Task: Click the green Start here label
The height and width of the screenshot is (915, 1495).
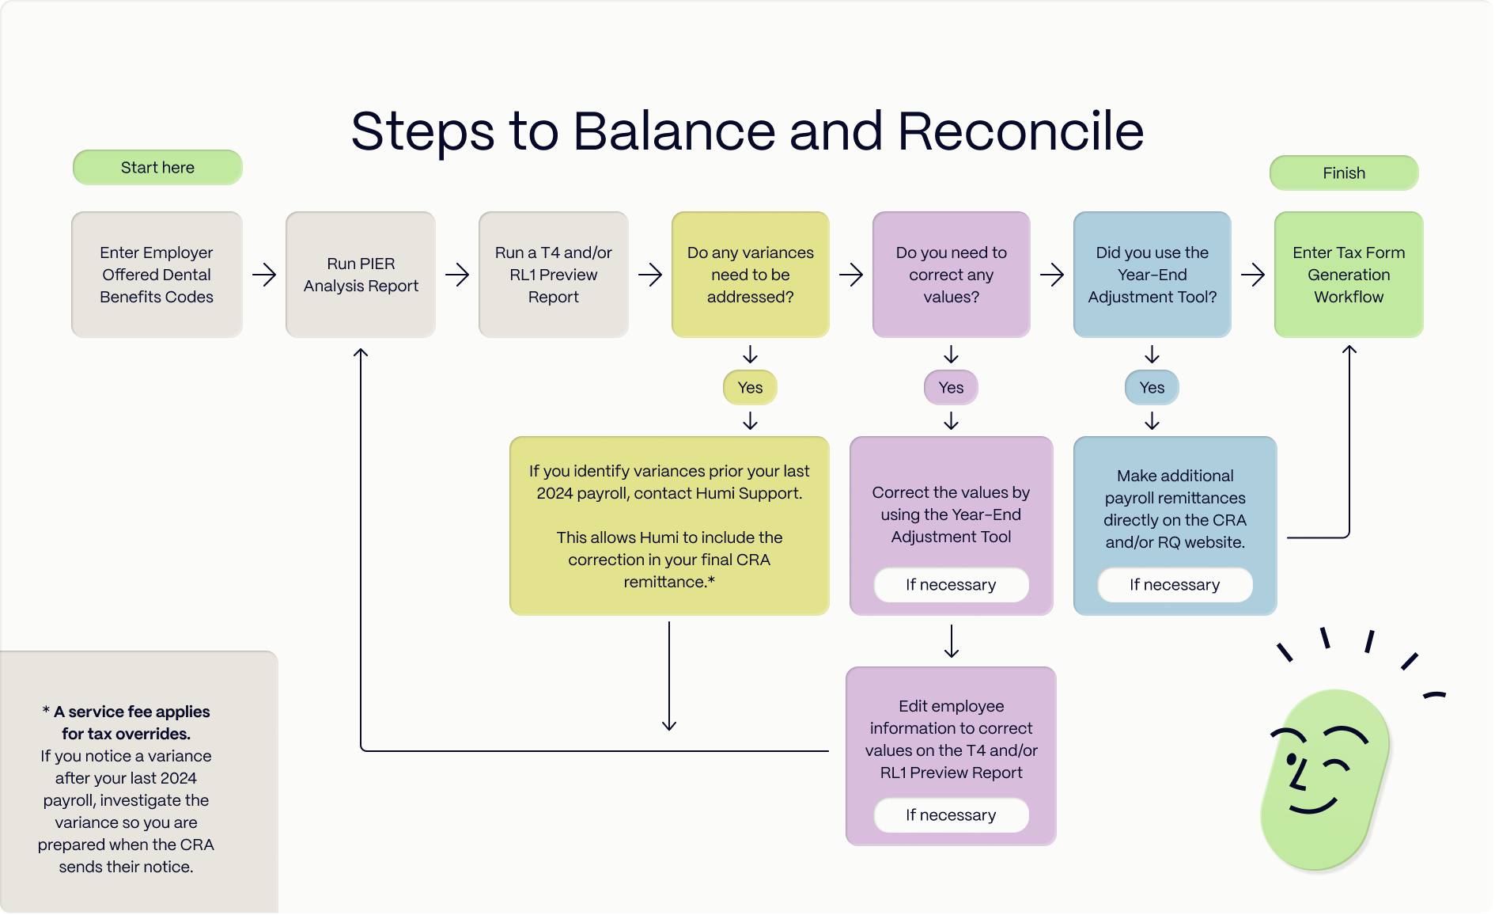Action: (157, 168)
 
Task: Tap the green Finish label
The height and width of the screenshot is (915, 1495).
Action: (1344, 173)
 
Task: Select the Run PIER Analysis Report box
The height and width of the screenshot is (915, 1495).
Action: (361, 275)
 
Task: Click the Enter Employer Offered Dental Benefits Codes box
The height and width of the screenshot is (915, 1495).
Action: (157, 275)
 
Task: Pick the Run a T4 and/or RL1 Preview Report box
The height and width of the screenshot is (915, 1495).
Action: (554, 275)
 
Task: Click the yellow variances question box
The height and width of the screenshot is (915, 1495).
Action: (750, 275)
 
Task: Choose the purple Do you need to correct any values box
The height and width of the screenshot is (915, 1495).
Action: (951, 275)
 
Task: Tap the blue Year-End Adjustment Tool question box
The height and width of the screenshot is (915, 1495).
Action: (1152, 275)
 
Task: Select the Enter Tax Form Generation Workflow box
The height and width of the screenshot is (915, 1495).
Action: (1349, 275)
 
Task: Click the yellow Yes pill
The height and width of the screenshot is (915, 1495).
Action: (750, 388)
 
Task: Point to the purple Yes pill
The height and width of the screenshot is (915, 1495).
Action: (951, 388)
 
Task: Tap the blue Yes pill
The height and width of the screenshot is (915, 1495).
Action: (1152, 388)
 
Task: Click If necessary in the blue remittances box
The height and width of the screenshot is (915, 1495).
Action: (1175, 585)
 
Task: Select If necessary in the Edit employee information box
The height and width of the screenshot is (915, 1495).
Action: (951, 815)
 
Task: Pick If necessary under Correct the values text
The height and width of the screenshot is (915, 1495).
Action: (951, 585)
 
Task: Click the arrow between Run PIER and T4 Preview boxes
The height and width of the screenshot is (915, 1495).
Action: (457, 275)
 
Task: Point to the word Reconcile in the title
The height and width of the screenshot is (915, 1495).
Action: (1020, 131)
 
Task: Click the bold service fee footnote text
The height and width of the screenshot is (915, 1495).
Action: (127, 723)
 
